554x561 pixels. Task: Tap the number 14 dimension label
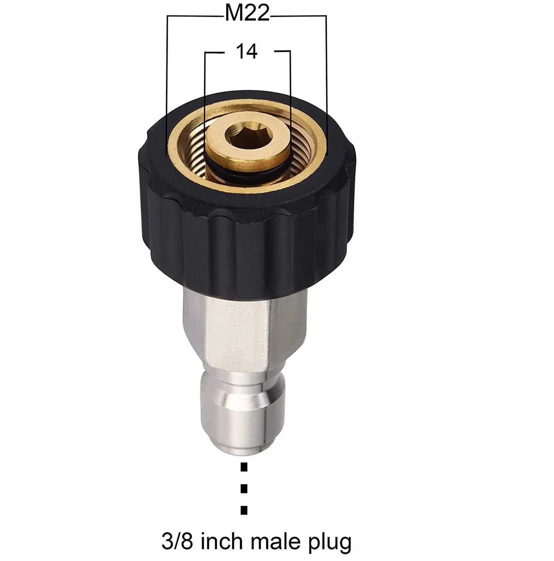tap(247, 51)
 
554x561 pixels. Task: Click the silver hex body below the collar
tap(243, 329)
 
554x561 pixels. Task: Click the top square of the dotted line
tap(244, 466)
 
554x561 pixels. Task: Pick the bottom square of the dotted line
tap(244, 510)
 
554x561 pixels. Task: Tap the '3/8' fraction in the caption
tap(178, 540)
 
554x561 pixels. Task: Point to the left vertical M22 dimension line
tap(167, 86)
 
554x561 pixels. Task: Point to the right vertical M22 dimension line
tap(326, 86)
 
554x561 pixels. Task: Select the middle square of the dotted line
tap(244, 488)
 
